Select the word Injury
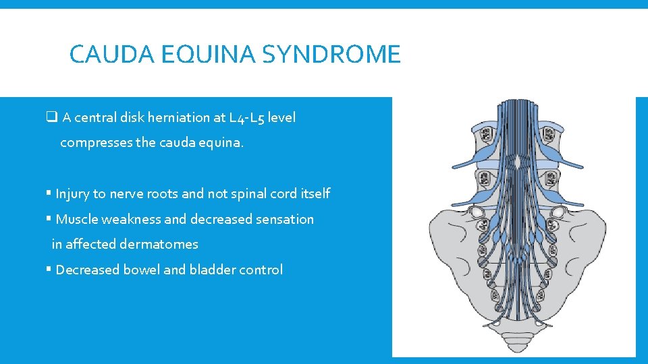coord(72,194)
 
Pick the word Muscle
coord(76,219)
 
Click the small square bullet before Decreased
coord(49,270)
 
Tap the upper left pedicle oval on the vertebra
coord(485,137)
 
